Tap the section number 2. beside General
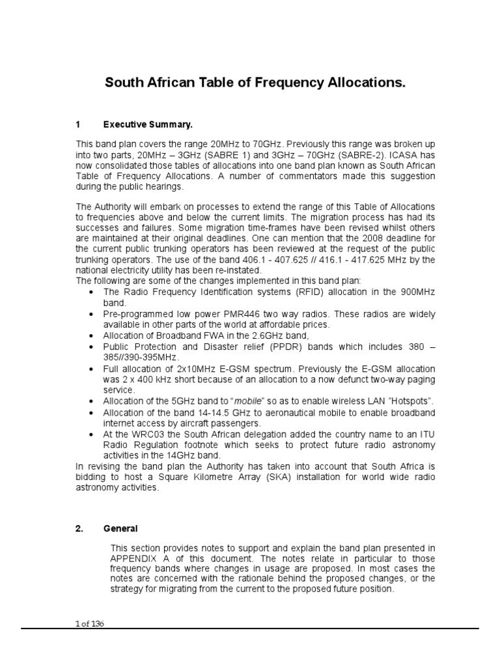click(x=81, y=529)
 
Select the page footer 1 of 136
click(x=90, y=624)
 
